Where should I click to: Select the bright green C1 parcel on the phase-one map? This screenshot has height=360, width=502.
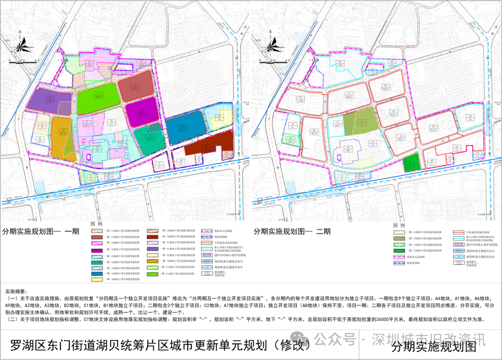pos(98,97)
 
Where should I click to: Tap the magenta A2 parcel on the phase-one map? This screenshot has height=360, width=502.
pos(143,112)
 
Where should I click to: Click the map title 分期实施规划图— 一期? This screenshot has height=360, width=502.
pos(42,231)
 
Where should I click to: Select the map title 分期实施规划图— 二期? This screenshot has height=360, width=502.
pos(292,231)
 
